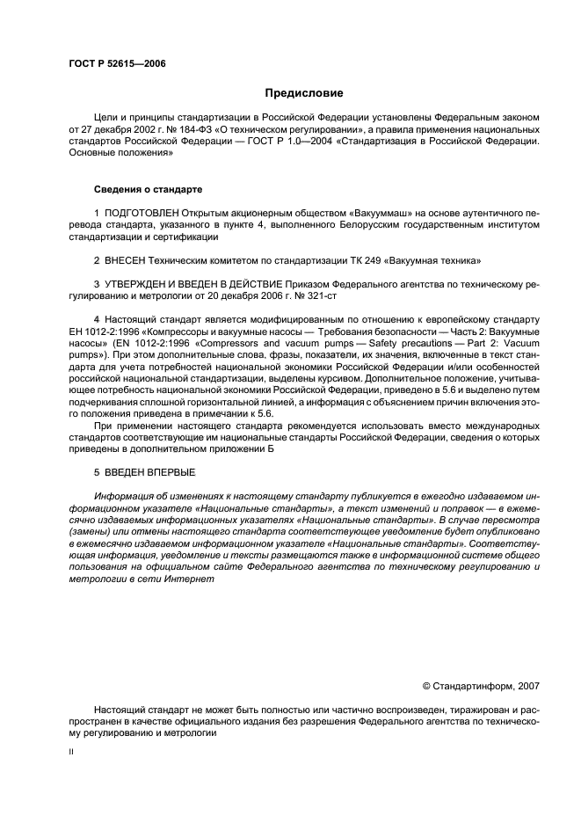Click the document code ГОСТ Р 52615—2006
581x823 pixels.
(117, 64)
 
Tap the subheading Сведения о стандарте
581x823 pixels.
(149, 189)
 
